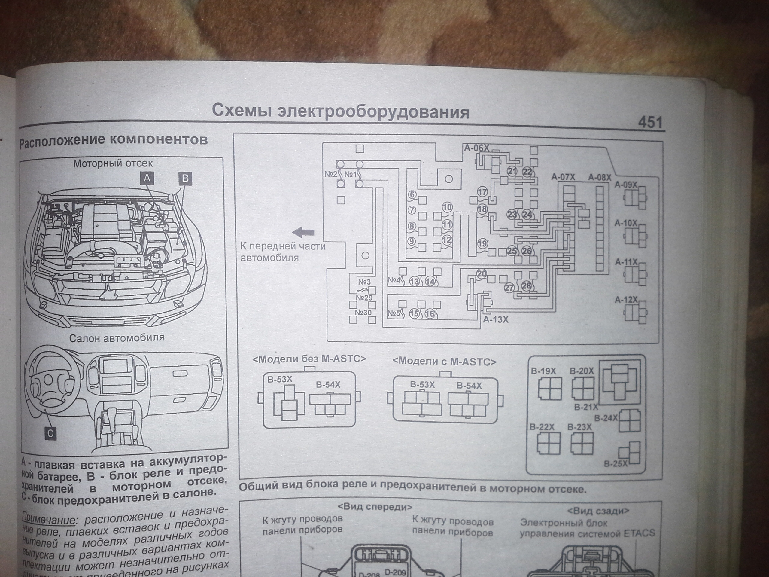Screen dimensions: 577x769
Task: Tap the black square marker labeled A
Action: click(147, 178)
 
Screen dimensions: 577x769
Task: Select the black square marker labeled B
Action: click(185, 179)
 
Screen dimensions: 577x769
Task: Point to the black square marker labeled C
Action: click(50, 433)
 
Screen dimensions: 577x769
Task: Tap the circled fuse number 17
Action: click(482, 192)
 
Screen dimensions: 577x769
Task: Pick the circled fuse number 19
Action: click(482, 243)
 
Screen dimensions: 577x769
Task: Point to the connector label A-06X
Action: click(476, 148)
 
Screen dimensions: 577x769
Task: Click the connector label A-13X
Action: click(496, 319)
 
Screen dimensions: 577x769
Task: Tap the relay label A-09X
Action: click(626, 185)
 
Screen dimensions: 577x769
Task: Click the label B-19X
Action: click(543, 371)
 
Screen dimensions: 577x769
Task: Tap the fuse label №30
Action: click(363, 312)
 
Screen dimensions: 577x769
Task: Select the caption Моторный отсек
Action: click(113, 163)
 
